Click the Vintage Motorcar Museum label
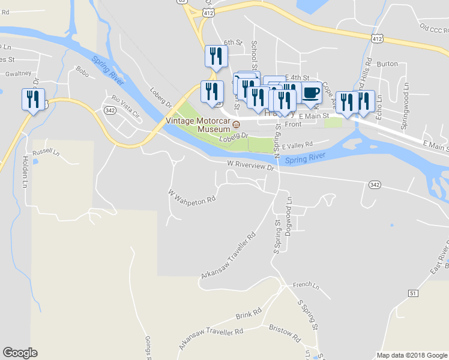pyautogui.click(x=198, y=124)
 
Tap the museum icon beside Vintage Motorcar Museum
pyautogui.click(x=237, y=125)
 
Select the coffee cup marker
pyautogui.click(x=311, y=93)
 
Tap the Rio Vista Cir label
pyautogui.click(x=123, y=106)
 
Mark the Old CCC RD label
pyautogui.click(x=433, y=28)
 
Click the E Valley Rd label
pyautogui.click(x=297, y=144)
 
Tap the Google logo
pyautogui.click(x=20, y=353)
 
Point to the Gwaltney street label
pyautogui.click(x=18, y=73)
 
